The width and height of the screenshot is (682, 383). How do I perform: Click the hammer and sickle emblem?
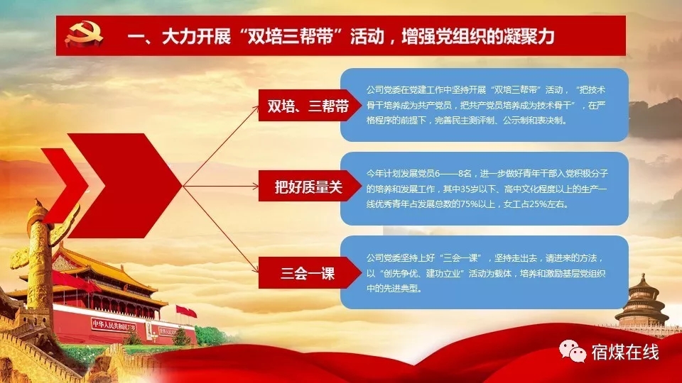84,34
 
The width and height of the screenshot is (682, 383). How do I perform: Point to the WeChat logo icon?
573,351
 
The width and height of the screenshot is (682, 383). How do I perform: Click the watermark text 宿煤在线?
625,352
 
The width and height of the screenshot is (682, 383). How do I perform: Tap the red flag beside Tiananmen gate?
187,311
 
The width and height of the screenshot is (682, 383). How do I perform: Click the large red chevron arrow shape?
124,185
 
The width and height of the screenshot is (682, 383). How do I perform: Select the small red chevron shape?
70,185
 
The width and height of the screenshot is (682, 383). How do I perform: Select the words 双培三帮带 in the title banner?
290,36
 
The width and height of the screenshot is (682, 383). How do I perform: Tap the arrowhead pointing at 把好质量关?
255,187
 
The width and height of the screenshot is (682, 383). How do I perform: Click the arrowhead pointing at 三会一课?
255,270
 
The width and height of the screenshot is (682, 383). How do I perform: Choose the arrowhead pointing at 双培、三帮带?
255,109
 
